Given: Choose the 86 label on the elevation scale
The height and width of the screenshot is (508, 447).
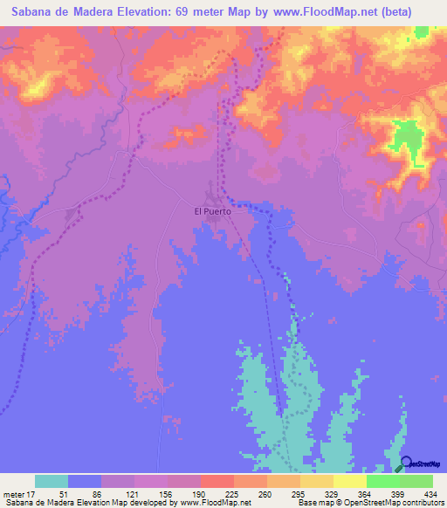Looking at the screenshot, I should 101,492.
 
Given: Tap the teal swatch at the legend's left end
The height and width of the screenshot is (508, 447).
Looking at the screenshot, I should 52,481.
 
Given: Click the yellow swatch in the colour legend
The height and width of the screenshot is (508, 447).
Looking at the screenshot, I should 350,481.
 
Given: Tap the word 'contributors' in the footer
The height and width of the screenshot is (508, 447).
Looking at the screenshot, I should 418,502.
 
